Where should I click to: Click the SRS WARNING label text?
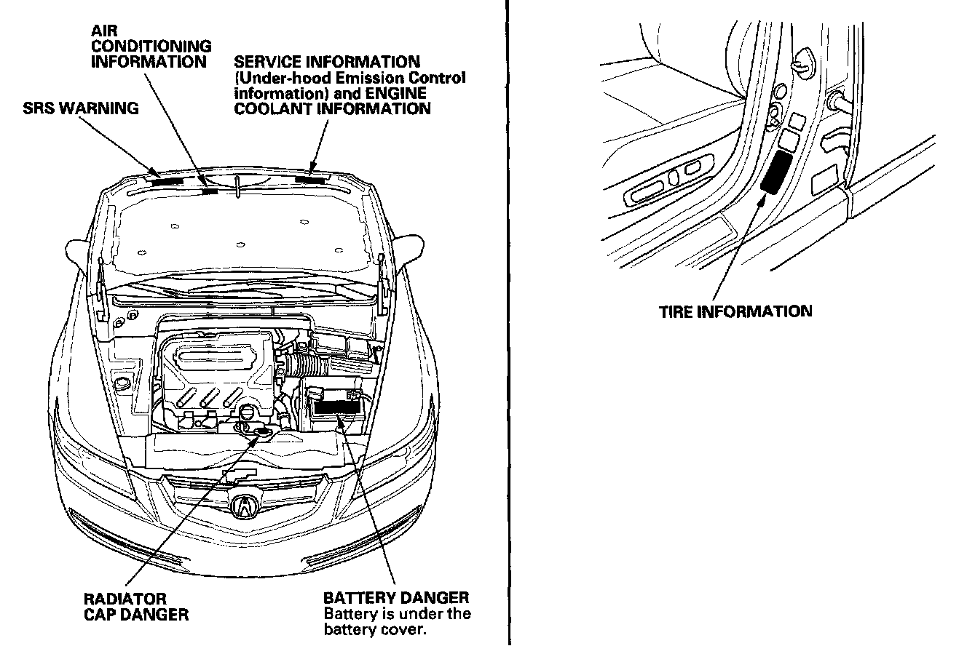pyautogui.click(x=79, y=109)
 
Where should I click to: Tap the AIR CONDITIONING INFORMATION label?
pyautogui.click(x=151, y=47)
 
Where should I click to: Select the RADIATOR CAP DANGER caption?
pyautogui.click(x=136, y=607)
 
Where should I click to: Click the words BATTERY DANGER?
pyautogui.click(x=396, y=598)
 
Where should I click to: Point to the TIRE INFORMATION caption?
pyautogui.click(x=735, y=312)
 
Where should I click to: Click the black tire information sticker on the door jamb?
pyautogui.click(x=775, y=172)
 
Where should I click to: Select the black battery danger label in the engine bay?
pyautogui.click(x=337, y=406)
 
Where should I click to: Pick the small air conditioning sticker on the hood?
pyautogui.click(x=210, y=191)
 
